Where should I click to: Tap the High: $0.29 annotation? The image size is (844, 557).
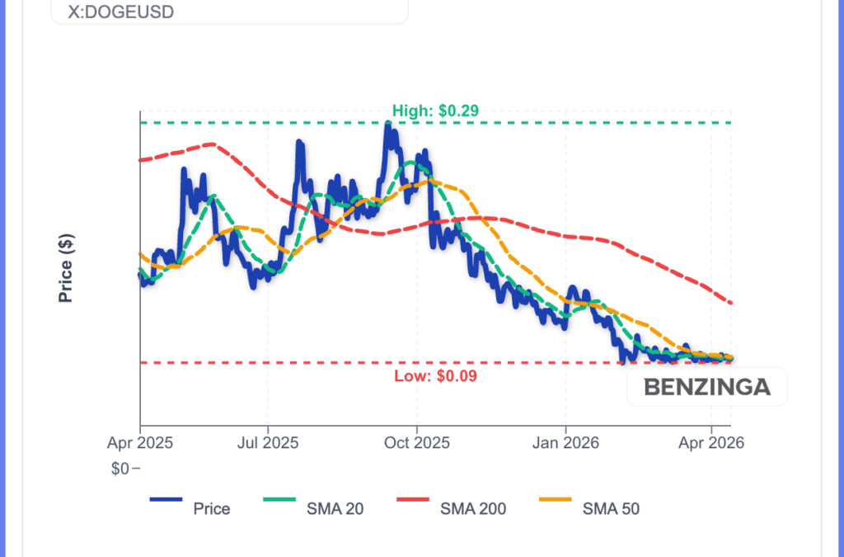435,110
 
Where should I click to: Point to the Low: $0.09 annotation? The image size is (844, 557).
436,376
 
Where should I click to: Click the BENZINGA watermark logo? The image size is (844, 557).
707,387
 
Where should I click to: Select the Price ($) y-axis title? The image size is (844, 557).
67,268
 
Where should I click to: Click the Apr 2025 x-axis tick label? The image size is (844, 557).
140,443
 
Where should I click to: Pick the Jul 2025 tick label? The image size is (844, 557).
268,443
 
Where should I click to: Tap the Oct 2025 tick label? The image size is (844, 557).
417,443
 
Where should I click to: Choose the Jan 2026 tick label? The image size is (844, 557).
566,443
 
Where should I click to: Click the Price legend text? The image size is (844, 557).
212,509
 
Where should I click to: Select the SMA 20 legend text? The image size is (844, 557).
335,509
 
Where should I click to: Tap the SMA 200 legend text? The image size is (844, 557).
474,509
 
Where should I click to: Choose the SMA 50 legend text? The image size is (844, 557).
611,509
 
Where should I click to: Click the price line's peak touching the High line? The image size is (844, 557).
387,125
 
